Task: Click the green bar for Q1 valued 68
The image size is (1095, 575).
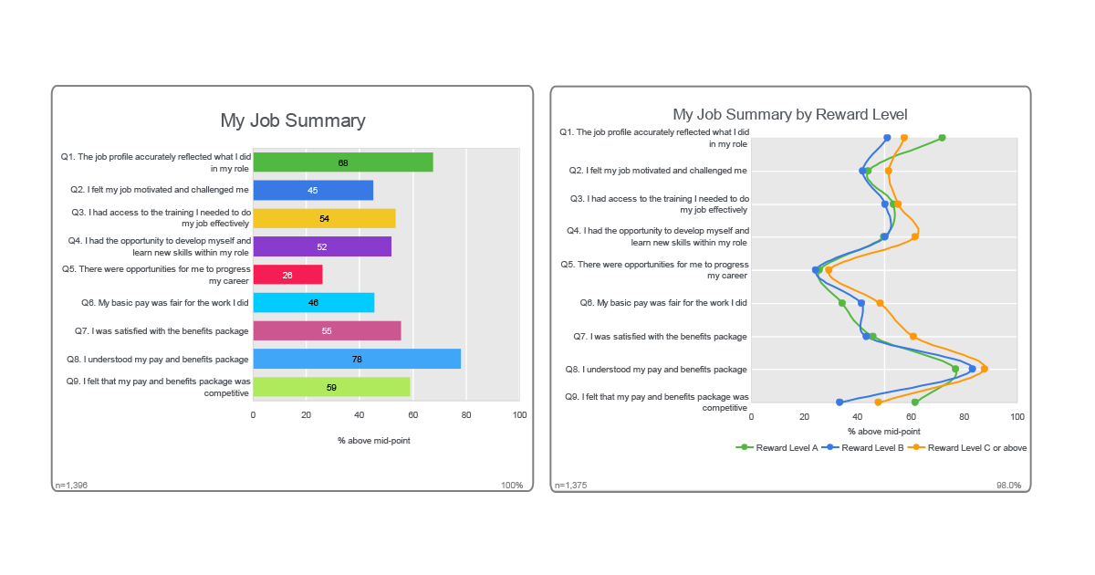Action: tap(342, 162)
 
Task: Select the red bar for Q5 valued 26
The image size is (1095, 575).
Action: tap(287, 275)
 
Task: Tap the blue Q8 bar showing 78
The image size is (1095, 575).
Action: tap(356, 359)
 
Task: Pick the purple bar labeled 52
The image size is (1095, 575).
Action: tap(322, 246)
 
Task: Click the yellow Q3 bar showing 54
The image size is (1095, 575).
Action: tap(324, 218)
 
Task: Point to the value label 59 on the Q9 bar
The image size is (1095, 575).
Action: tap(331, 387)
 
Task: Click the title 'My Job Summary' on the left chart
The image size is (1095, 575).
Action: tap(292, 120)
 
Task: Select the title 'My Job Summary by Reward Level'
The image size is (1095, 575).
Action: tap(789, 114)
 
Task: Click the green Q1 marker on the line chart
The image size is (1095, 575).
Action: tap(942, 138)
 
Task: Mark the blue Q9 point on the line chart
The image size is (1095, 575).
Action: tap(839, 402)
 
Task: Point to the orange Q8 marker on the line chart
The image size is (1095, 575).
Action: tap(984, 369)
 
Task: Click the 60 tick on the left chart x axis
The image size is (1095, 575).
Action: tap(412, 415)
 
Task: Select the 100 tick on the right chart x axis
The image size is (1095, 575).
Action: tap(1017, 416)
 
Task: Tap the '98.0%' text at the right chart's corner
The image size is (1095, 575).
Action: tap(1008, 486)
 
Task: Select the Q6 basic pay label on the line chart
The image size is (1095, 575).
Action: tap(663, 303)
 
